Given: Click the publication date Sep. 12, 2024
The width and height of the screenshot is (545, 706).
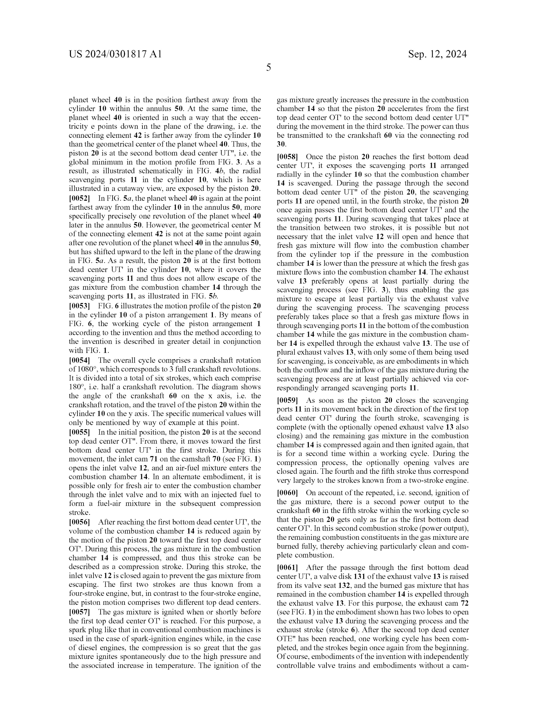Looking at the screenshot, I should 437,54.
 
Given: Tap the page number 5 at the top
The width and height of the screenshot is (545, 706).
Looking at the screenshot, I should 268,68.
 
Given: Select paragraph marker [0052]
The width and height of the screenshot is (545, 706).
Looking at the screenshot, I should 79,198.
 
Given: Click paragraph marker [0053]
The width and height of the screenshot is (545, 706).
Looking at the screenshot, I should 79,306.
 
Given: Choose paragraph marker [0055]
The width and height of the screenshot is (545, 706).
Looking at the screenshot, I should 79,432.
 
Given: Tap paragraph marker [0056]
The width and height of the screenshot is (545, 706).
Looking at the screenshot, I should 79,522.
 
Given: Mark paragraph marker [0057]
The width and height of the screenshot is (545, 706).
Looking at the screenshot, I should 79,612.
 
